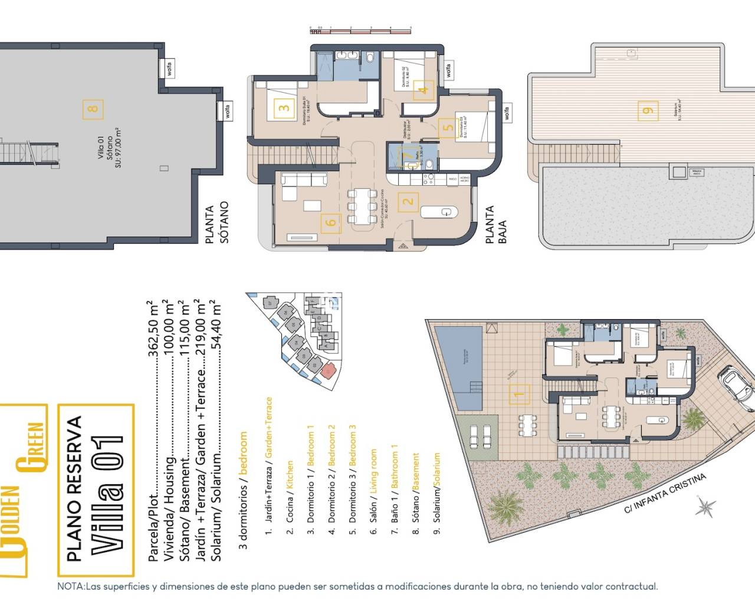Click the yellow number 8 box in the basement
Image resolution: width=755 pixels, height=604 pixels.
coord(93,109)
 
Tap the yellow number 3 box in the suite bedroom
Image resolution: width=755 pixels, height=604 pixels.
coord(284,108)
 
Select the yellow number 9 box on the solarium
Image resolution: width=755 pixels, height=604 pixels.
coord(648,110)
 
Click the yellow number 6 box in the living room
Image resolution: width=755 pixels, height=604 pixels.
coord(331,222)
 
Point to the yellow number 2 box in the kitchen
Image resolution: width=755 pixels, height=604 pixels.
coord(408,202)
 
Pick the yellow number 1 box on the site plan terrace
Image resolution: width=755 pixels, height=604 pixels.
coord(519,394)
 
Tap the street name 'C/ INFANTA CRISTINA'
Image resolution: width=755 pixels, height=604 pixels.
coord(665,493)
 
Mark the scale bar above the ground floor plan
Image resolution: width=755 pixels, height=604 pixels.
coord(360,28)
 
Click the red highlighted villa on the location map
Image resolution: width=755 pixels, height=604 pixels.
coord(328,370)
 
